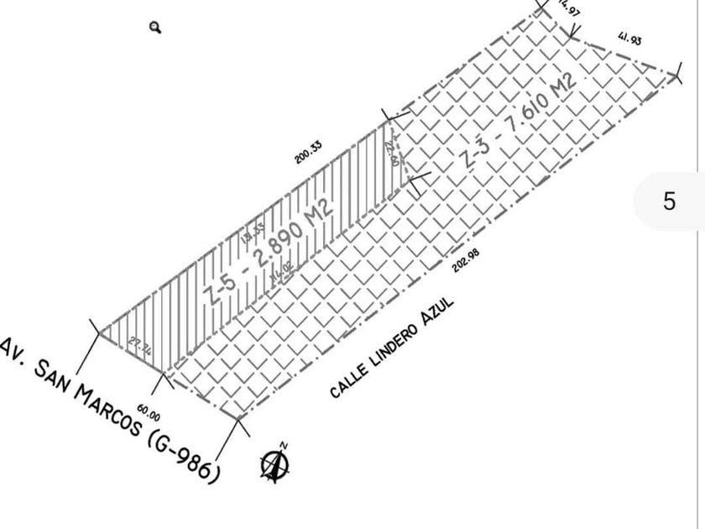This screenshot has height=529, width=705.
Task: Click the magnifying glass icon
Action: (155, 28)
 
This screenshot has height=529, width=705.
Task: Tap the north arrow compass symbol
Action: (274, 464)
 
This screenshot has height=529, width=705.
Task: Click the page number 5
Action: (669, 202)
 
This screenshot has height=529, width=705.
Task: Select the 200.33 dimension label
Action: (308, 152)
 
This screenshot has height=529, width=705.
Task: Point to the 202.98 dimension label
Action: (466, 261)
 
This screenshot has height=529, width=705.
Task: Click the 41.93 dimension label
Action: (629, 39)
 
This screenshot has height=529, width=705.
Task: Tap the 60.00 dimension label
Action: (149, 411)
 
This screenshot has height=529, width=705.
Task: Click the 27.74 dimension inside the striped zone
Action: (140, 348)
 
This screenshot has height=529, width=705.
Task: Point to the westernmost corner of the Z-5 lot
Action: (99, 333)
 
